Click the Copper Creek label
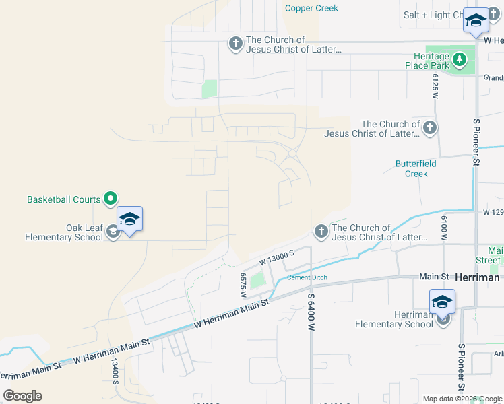point(311,8)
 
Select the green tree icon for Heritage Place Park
point(460,60)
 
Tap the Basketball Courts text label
point(63,199)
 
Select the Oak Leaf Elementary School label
point(64,232)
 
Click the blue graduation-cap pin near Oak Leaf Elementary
point(129,220)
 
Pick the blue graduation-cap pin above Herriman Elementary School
point(442,302)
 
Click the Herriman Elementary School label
point(394,319)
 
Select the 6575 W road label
point(243,285)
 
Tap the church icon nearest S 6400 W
point(320,232)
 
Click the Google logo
point(22,396)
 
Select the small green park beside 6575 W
point(257,279)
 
